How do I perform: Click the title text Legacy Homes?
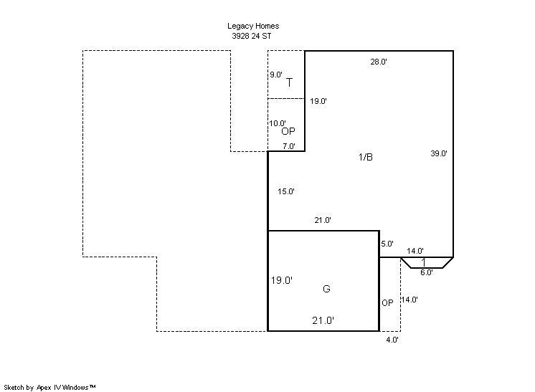253,27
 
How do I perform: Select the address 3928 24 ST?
252,36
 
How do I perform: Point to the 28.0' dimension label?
379,62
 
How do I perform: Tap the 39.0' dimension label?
439,153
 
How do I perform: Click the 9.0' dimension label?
276,75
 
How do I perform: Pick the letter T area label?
289,82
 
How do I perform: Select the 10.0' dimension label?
278,123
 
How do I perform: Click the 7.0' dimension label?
288,146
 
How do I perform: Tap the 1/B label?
366,157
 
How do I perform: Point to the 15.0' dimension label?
286,191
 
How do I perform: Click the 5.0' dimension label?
387,244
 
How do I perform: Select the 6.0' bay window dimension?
426,272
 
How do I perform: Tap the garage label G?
326,289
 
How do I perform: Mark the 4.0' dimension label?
392,340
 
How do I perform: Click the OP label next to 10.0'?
288,132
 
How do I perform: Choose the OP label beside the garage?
387,302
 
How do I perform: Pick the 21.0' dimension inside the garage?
323,320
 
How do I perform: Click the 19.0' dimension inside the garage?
282,280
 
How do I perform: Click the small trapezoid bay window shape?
426,262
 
